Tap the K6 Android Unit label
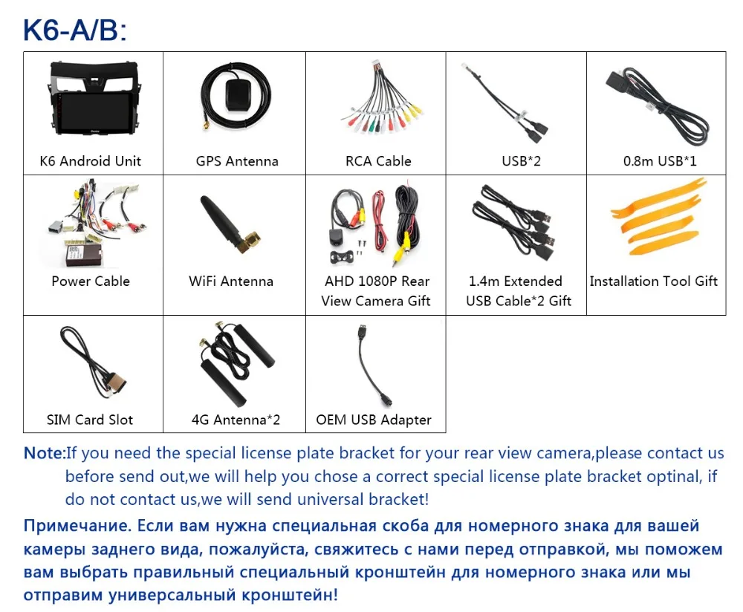pyautogui.click(x=91, y=161)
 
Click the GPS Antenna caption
pyautogui.click(x=237, y=161)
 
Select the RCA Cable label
pyautogui.click(x=378, y=161)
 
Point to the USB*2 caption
pyautogui.click(x=521, y=161)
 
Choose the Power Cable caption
pyautogui.click(x=91, y=281)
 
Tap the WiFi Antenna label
pyautogui.click(x=231, y=281)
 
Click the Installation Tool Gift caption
pyautogui.click(x=654, y=281)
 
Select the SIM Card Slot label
pyautogui.click(x=91, y=420)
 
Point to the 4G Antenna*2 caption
pyautogui.click(x=236, y=420)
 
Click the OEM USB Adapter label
pyautogui.click(x=374, y=420)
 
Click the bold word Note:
pyautogui.click(x=45, y=453)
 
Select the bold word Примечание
pyautogui.click(x=77, y=527)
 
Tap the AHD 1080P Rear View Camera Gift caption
pyautogui.click(x=376, y=291)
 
